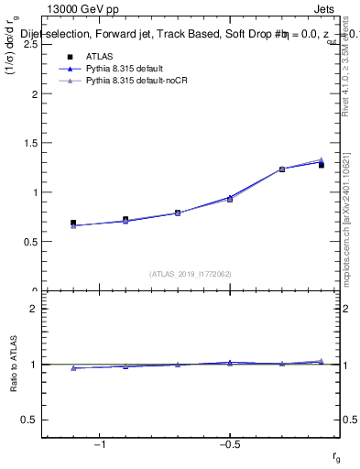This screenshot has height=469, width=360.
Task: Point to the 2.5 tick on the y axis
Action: point(30,44)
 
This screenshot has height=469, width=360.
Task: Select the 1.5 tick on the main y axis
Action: point(30,143)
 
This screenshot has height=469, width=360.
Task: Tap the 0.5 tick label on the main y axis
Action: point(30,242)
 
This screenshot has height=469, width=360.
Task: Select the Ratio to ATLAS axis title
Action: point(14,365)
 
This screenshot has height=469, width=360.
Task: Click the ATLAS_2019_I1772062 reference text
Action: point(191,274)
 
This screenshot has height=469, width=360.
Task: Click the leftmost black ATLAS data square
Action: point(73,223)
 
